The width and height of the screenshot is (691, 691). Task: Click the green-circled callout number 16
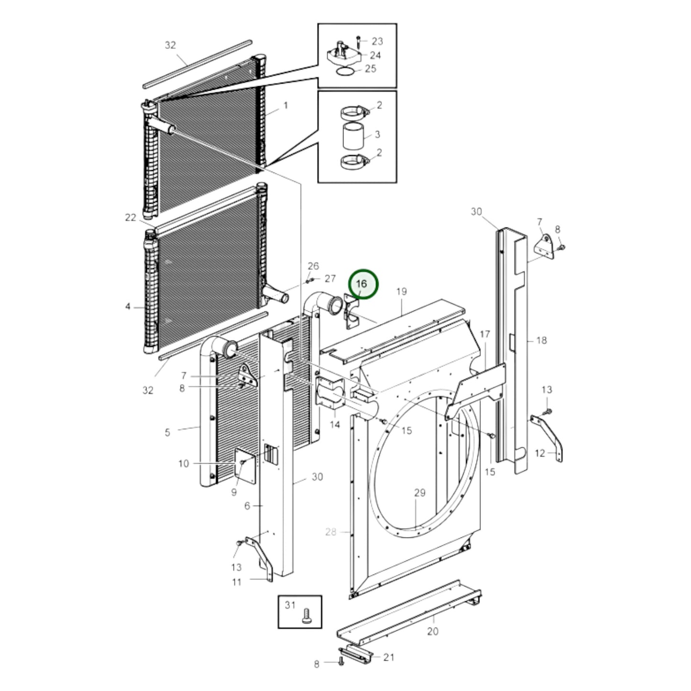tap(362, 284)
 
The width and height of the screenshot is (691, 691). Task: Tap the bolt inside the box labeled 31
tap(307, 615)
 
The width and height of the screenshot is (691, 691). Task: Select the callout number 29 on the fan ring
tap(419, 493)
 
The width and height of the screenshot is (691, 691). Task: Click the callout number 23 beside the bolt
tap(377, 41)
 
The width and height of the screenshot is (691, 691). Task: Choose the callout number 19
tap(401, 291)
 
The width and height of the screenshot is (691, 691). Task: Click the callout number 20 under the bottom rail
tap(432, 631)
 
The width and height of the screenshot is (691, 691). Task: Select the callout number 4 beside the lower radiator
tap(128, 306)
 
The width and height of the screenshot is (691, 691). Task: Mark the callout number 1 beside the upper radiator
tap(286, 105)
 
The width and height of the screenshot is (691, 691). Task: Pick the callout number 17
tap(485, 334)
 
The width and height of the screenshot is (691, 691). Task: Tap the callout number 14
tap(335, 424)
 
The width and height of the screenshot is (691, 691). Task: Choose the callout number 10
tap(184, 463)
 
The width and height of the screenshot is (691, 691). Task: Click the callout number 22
tap(131, 218)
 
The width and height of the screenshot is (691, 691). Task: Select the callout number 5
tap(167, 433)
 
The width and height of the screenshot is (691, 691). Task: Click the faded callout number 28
tap(331, 531)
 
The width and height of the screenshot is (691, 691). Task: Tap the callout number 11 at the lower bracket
tap(237, 582)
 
